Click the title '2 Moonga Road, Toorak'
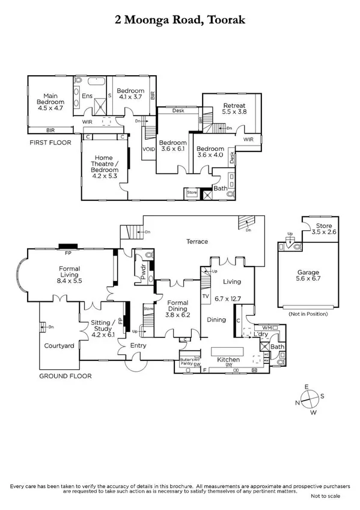180,20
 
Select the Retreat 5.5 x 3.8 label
234,108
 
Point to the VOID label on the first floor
148,149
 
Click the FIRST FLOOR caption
50,143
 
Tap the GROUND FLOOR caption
66,376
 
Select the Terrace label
197,241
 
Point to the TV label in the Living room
205,296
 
